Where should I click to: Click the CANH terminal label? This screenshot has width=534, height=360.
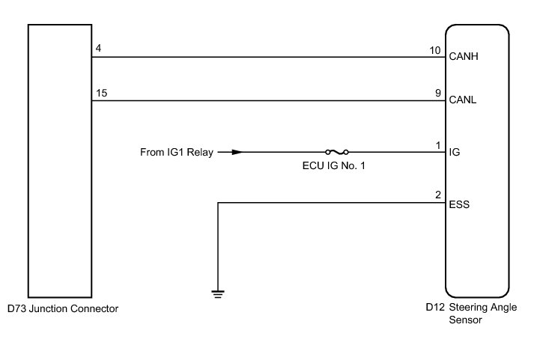click(x=464, y=56)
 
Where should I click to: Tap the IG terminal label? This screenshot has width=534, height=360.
click(x=455, y=152)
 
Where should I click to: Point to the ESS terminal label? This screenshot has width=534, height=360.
click(x=459, y=203)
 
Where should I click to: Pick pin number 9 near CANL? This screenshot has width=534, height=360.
click(x=437, y=94)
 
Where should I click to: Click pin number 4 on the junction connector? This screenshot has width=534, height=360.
click(x=99, y=49)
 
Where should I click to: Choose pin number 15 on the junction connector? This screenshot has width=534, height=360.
click(x=102, y=94)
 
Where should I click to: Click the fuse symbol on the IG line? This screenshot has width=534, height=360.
click(x=336, y=152)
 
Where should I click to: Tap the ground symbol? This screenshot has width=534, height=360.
click(x=218, y=293)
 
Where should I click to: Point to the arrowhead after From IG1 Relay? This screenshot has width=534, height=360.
click(x=237, y=152)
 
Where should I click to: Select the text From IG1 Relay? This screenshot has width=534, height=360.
click(x=176, y=153)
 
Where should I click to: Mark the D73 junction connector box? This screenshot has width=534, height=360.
click(x=59, y=161)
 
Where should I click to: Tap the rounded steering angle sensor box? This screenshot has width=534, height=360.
click(x=477, y=161)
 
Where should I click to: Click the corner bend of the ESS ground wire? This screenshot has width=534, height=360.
click(x=218, y=203)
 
